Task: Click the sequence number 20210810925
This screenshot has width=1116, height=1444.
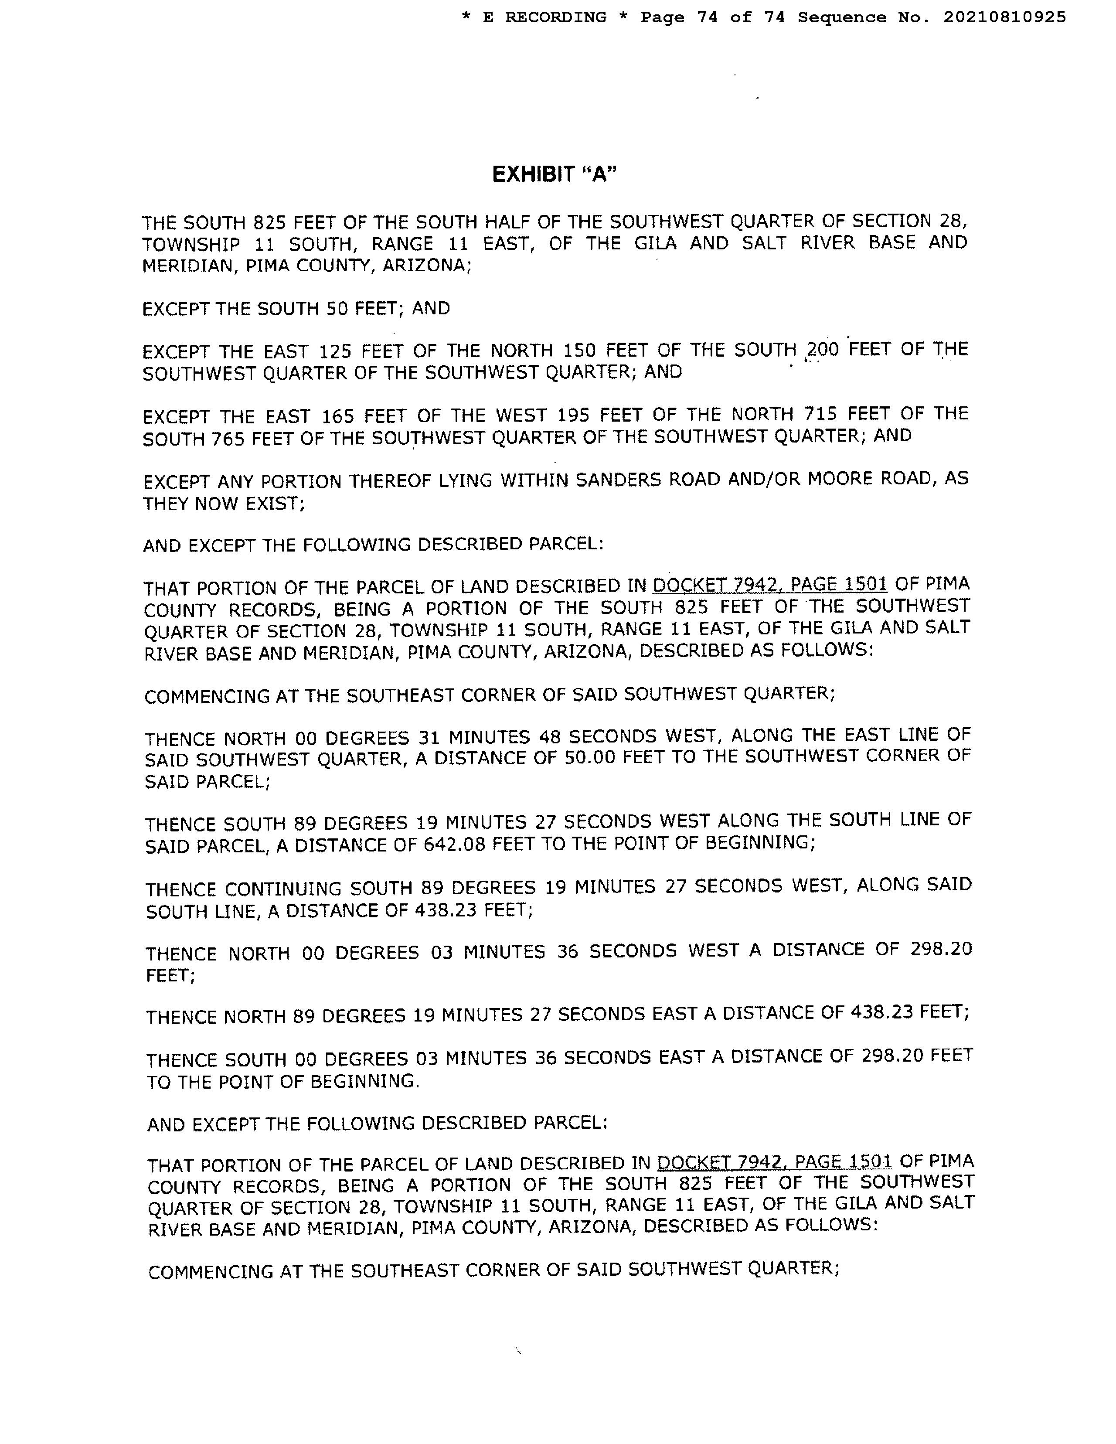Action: click(1004, 17)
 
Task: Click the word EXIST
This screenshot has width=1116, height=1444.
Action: click(273, 504)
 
